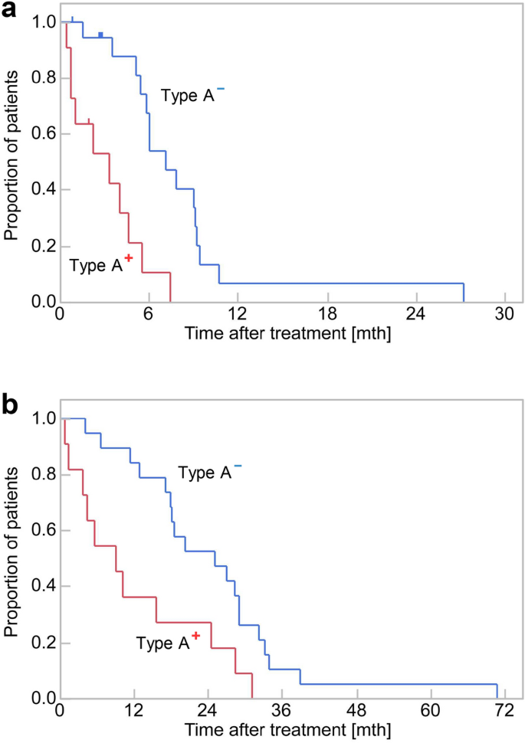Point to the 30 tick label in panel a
coord(504,314)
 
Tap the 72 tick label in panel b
coord(504,710)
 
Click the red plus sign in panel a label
coord(129,258)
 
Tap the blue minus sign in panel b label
coord(238,466)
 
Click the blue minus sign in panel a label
coord(220,89)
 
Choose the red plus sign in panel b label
coord(196,636)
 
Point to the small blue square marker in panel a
coord(100,34)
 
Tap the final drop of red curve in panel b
coord(251,686)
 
